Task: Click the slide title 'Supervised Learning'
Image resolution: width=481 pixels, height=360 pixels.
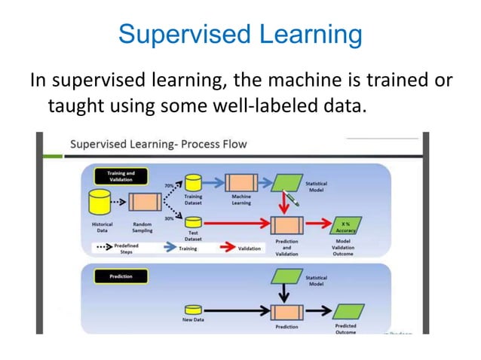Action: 240,35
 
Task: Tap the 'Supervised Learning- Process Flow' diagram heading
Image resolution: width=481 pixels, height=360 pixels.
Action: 158,144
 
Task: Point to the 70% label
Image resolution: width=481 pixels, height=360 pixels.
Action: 170,184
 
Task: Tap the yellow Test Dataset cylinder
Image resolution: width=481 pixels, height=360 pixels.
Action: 193,223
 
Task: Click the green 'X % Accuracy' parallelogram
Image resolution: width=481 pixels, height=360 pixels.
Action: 345,224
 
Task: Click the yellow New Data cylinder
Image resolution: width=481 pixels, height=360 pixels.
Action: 193,310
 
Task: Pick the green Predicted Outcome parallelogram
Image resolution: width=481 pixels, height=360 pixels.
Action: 345,310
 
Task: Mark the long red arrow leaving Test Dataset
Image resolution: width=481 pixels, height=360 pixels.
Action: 234,223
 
